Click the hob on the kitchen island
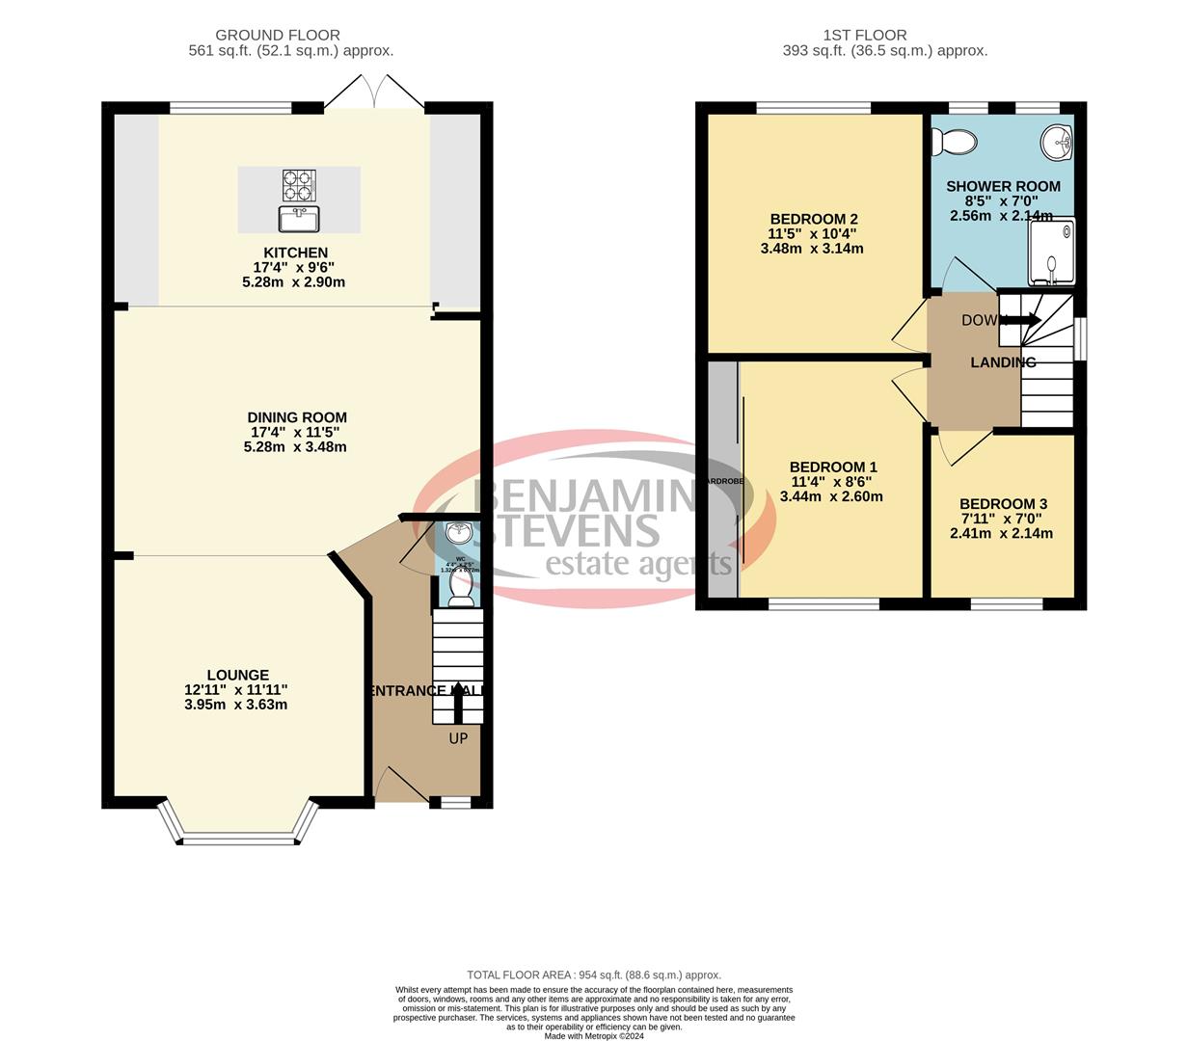coord(299,183)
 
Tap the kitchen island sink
coord(299,219)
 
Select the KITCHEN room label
coord(295,253)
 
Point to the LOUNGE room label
coord(237,675)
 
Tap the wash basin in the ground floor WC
coord(460,532)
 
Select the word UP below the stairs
coord(458,738)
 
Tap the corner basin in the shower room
coord(1058,142)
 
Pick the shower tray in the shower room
coord(1051,253)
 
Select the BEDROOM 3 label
coord(1003,504)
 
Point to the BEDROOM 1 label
coord(832,467)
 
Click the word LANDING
coord(1003,362)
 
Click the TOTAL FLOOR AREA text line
coord(594,974)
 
